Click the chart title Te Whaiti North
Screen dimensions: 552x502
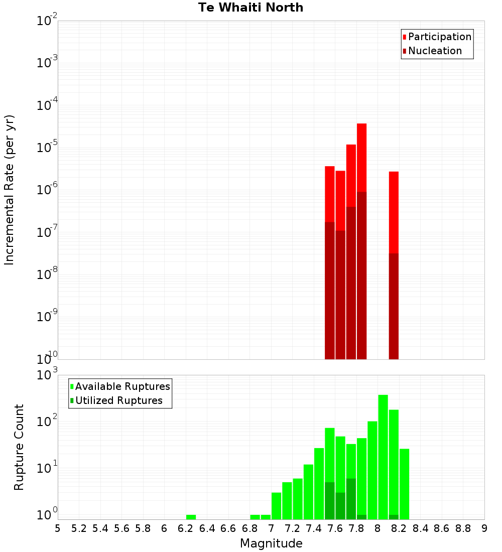point(250,8)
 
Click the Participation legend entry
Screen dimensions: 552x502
point(439,37)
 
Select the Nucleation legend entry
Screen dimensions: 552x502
point(434,51)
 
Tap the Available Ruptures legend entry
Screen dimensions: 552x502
point(122,386)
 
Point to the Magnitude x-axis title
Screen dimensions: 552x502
point(271,543)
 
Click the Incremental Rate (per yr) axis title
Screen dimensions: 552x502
point(10,190)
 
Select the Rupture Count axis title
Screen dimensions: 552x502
point(19,447)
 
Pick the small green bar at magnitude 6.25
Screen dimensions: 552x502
point(191,517)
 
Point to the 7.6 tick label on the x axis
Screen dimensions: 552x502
point(335,528)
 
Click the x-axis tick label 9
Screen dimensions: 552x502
point(484,528)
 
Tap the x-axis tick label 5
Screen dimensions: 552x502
point(58,528)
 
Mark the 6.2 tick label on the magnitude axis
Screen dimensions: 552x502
point(186,528)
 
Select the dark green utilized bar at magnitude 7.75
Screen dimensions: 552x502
point(351,499)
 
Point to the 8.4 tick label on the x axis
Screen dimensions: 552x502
point(421,528)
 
